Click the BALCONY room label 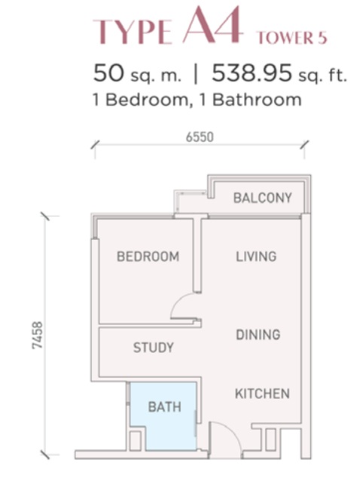pos(263,198)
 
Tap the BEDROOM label pos(148,256)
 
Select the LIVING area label pos(256,256)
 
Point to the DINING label pos(258,335)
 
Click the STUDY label pos(154,348)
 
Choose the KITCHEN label pos(263,394)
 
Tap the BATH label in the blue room pos(164,407)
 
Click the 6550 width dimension pos(200,137)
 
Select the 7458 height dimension pos(37,335)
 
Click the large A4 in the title pos(212,25)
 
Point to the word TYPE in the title pos(133,32)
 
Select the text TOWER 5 pos(292,38)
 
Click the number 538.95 pos(252,73)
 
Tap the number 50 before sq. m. pos(108,73)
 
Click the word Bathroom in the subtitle pos(257,100)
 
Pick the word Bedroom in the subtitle pos(148,100)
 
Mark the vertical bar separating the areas pos(196,75)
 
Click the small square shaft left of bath pos(135,441)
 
